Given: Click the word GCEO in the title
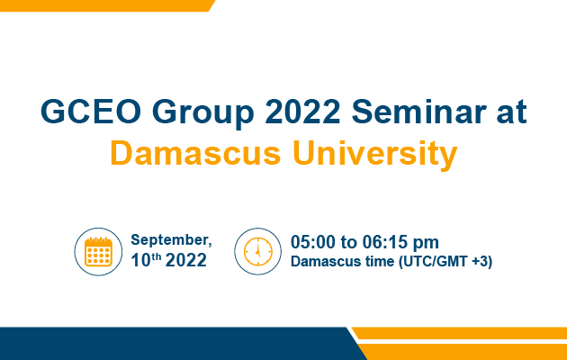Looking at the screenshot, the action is tap(90, 112).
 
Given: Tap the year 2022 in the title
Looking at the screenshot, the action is tap(302, 112).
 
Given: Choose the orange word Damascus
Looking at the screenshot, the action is tap(195, 153).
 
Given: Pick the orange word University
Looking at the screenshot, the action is tap(375, 156).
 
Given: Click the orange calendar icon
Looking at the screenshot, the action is tap(98, 252).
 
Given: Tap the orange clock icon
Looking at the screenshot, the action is tap(257, 252).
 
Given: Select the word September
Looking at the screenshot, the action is tap(171, 240).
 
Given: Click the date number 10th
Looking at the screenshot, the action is tap(146, 260).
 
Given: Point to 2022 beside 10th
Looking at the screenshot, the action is tap(186, 260).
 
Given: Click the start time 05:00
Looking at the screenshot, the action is tap(313, 242).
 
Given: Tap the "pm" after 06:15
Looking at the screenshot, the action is tap(427, 244).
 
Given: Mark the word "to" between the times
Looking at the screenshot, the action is tap(349, 242).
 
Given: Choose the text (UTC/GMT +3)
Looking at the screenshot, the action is tap(445, 262).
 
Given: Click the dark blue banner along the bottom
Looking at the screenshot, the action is tap(177, 344).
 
